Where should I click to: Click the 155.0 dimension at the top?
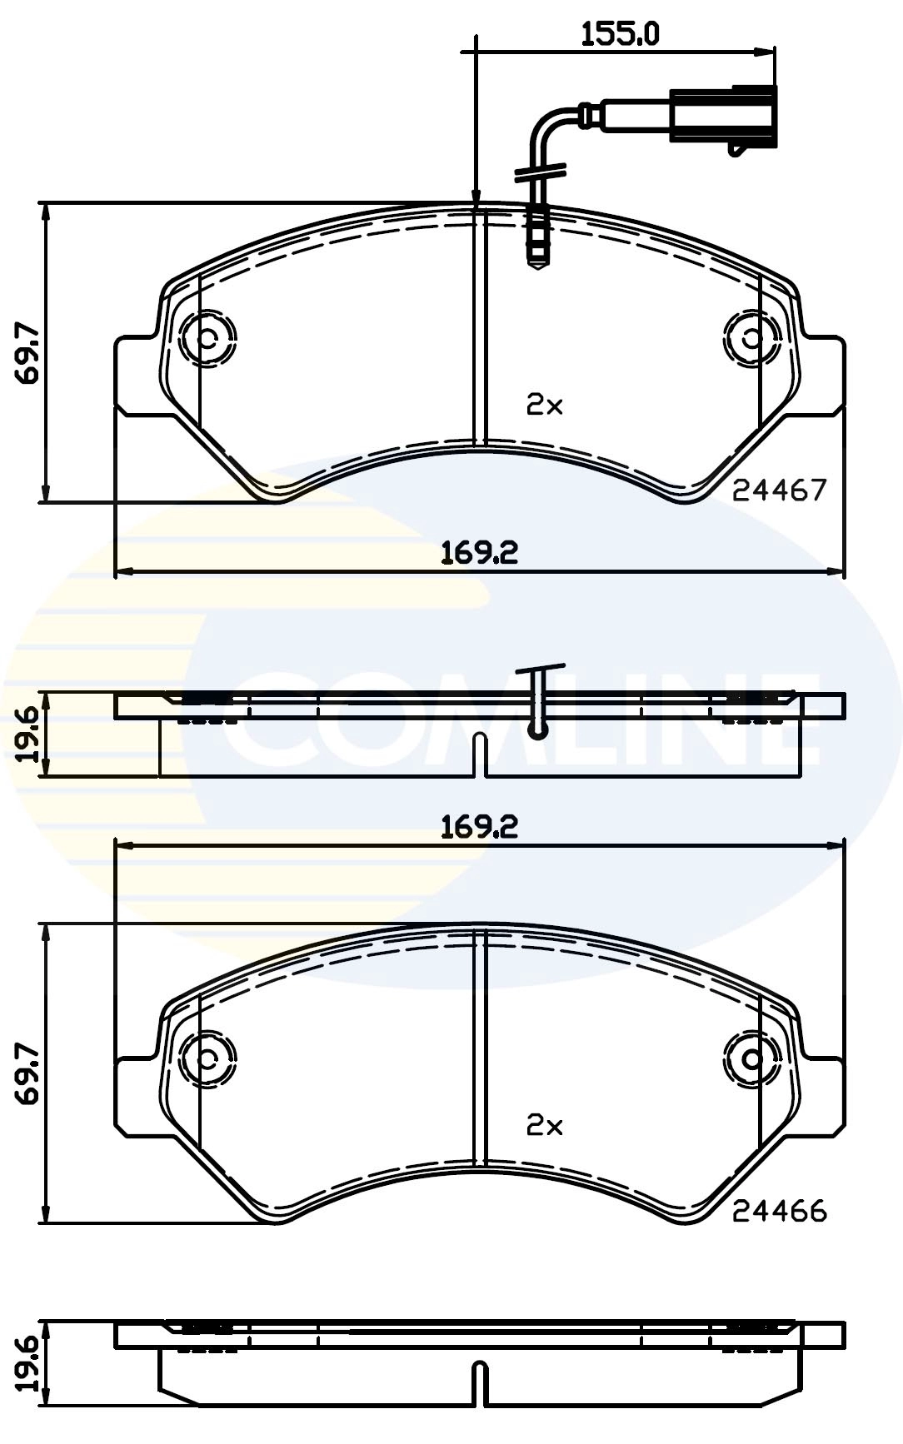620,34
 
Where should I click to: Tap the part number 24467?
780,490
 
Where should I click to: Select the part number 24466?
780,1210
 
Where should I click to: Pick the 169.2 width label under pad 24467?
480,551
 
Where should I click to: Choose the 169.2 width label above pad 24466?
480,826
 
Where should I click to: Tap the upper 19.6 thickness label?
28,734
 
